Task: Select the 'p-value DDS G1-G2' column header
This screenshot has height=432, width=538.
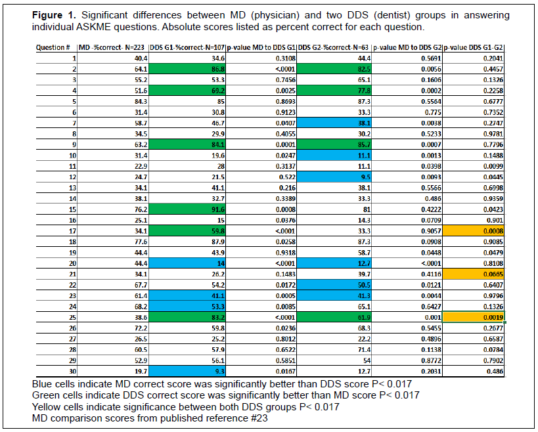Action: coord(473,48)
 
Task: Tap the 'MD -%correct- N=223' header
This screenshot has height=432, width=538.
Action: coord(112,48)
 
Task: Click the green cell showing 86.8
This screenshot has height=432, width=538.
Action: coord(187,69)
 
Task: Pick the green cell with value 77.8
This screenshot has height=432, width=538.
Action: coord(334,91)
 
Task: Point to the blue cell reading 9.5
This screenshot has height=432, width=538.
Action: coord(334,177)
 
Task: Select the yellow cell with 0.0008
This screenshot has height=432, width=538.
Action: coord(473,230)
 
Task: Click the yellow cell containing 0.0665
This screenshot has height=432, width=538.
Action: coord(473,274)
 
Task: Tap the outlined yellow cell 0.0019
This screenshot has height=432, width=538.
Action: coord(473,317)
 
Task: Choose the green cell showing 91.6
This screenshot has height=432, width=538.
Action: coord(187,209)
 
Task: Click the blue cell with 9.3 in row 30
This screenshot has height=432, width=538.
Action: coord(187,371)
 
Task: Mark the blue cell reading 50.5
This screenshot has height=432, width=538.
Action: coord(334,285)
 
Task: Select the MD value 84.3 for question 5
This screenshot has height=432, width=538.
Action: coord(141,102)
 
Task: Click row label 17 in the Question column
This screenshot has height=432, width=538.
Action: coord(72,231)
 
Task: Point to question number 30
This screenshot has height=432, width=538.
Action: coord(72,372)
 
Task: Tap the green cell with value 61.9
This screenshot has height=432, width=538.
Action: coord(334,317)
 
